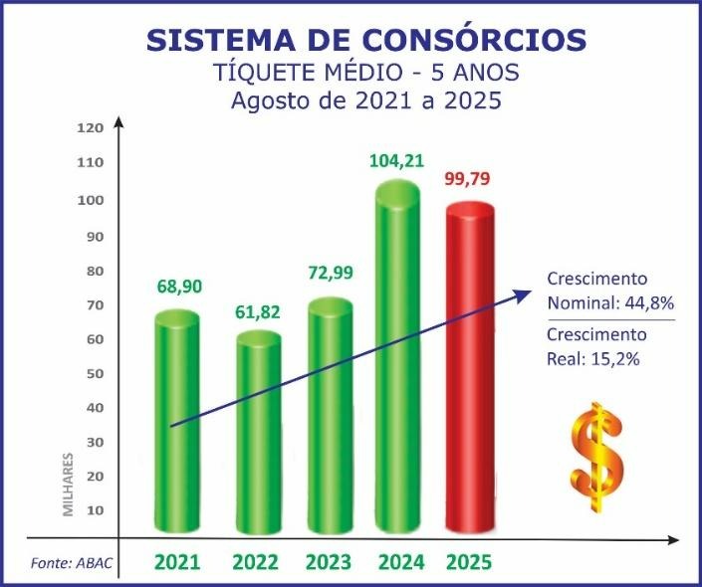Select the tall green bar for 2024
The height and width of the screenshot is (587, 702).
click(397, 358)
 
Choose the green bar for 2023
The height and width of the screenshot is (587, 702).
click(331, 418)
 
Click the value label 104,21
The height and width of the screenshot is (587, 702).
click(396, 159)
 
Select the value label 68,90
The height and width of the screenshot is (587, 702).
click(179, 287)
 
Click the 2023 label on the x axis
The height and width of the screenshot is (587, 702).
click(329, 562)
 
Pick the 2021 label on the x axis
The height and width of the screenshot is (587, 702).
click(177, 562)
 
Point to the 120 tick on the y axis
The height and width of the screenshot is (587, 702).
click(91, 128)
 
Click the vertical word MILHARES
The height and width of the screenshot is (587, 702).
click(69, 485)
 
